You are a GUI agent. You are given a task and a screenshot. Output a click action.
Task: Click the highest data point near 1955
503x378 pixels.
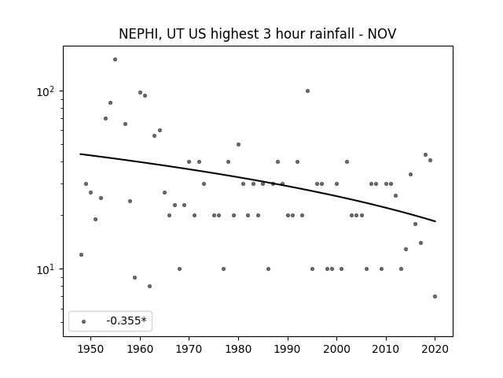tap(116, 60)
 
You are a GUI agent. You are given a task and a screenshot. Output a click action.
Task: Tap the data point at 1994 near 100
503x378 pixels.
tap(307, 91)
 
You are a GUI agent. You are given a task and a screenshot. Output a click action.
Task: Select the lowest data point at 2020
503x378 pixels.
tap(435, 296)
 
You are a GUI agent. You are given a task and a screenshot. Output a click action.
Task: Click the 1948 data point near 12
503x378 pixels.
tap(81, 254)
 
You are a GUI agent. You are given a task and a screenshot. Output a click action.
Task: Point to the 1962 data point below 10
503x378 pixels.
tap(149, 286)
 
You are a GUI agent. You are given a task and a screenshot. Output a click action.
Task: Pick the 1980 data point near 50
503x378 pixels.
tap(238, 145)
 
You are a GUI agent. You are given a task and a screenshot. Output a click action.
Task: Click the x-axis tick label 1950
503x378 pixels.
tap(91, 349)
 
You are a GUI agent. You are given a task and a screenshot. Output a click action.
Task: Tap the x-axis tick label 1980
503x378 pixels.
tap(238, 349)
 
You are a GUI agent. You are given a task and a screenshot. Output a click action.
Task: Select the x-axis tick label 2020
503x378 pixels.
tap(435, 349)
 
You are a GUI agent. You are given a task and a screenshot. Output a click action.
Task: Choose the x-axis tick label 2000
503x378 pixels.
tap(336, 349)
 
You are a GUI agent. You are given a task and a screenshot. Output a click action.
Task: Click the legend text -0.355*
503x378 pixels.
tap(127, 321)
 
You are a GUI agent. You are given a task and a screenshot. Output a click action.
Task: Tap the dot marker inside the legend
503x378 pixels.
tap(84, 321)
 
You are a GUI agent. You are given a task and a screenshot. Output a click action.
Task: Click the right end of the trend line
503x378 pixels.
tap(435, 221)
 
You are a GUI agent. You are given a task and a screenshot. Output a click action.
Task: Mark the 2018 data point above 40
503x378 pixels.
tap(426, 154)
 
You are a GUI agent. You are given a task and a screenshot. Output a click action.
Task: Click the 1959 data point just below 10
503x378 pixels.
tap(134, 277)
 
